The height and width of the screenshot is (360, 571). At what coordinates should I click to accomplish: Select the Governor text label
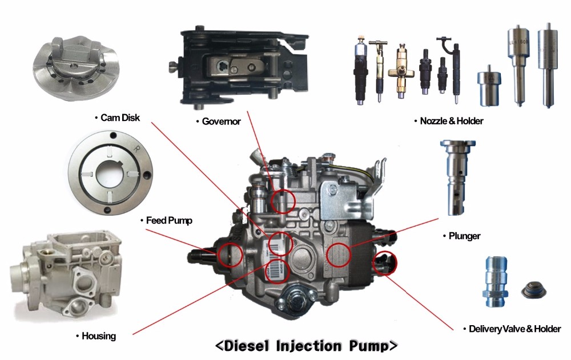(x=221, y=122)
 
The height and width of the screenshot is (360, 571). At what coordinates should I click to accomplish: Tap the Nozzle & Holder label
(x=452, y=122)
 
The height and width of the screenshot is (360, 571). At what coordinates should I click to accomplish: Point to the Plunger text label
(x=464, y=236)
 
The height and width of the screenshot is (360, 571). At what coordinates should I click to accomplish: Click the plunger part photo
(x=454, y=177)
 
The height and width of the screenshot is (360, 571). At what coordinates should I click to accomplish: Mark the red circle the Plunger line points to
(x=339, y=255)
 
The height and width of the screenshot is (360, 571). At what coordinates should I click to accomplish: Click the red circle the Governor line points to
(x=283, y=201)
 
